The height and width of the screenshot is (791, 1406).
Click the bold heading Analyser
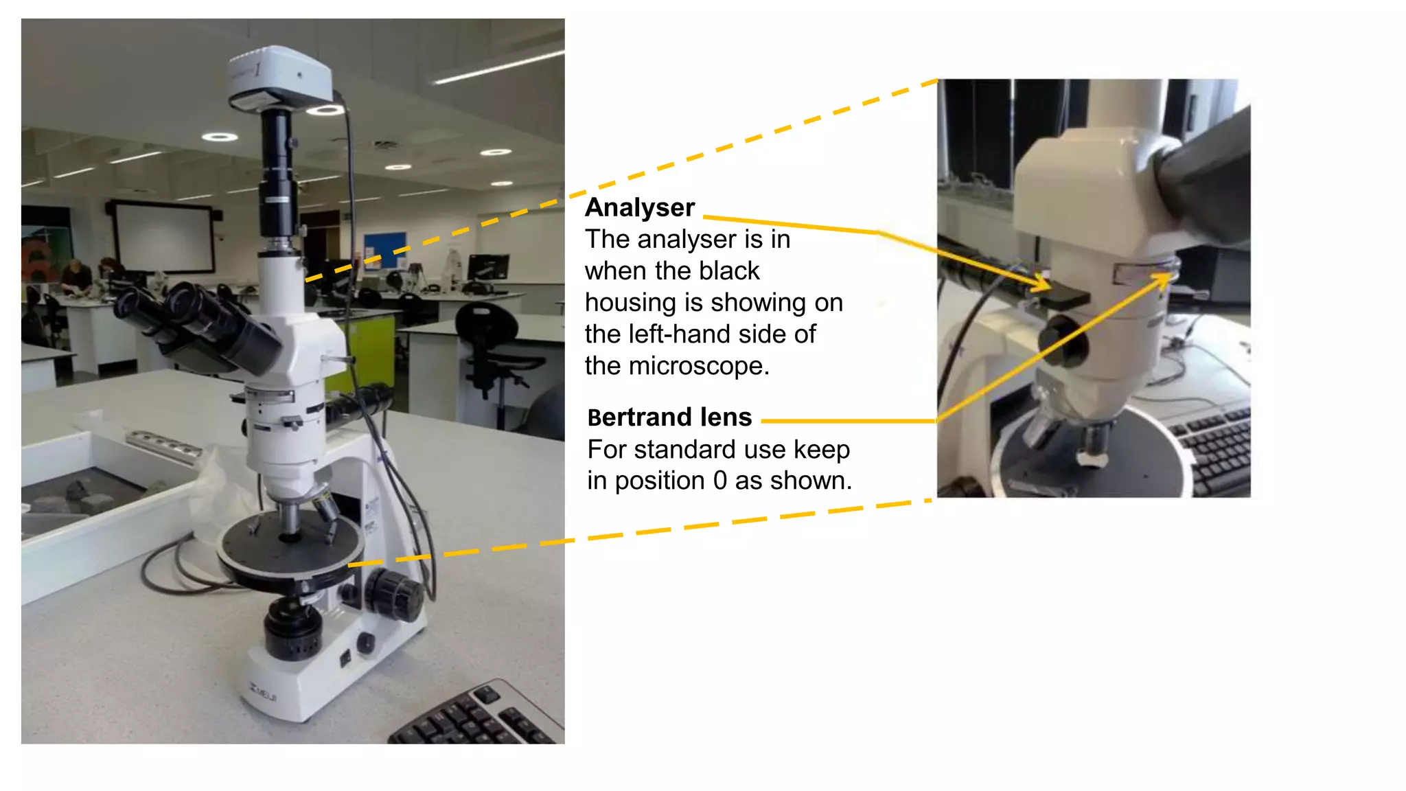pos(640,207)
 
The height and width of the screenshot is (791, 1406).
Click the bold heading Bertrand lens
pos(669,417)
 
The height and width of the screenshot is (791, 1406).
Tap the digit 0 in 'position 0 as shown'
pos(719,481)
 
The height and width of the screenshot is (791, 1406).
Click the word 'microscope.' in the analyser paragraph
pos(699,366)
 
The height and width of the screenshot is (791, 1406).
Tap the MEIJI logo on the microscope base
pos(264,693)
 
